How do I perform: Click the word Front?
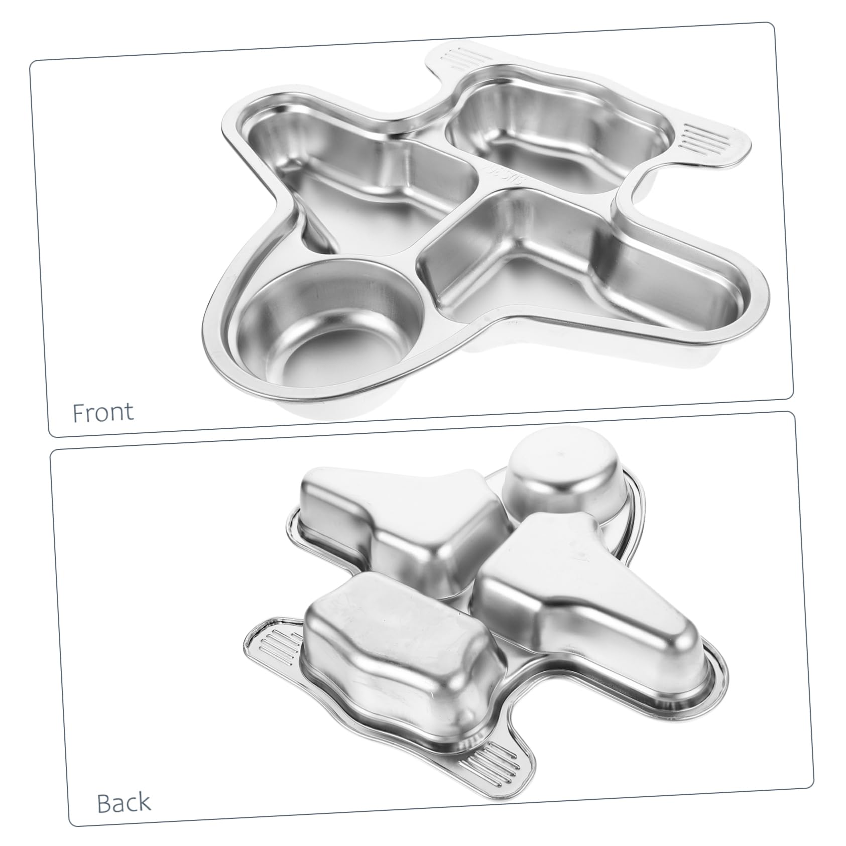103,412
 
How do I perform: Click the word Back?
124,802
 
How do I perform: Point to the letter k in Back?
144,802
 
